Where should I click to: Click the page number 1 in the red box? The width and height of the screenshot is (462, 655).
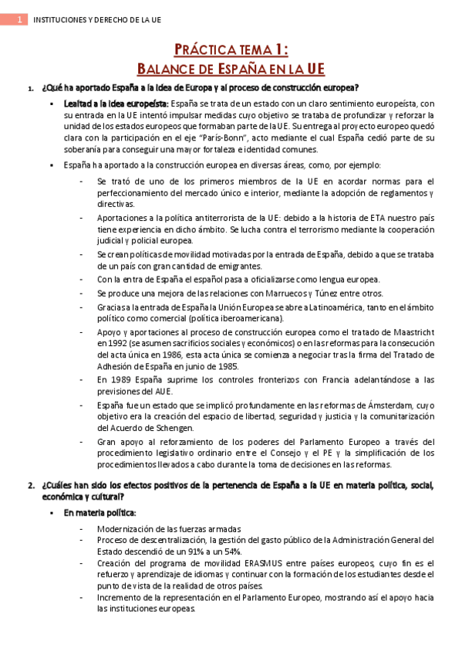pos(17,20)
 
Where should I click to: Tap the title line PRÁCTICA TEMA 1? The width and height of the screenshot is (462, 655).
pos(231,51)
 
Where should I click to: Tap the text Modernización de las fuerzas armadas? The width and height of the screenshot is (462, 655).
pos(169,528)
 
